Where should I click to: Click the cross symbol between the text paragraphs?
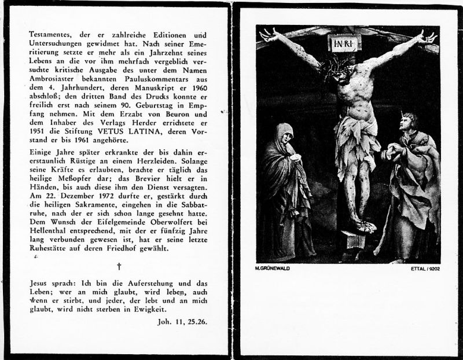119,266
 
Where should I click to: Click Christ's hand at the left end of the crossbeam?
268,35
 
